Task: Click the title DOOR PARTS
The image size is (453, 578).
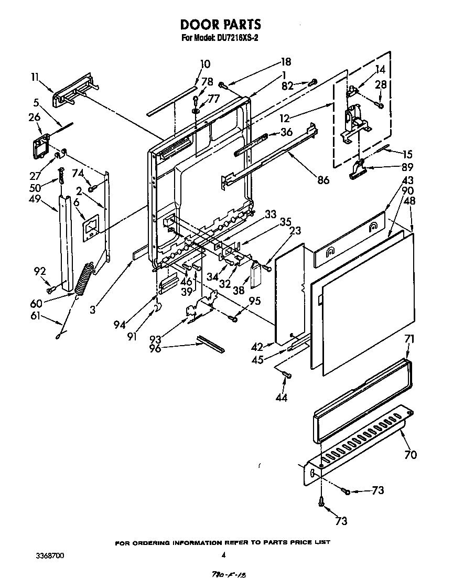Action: tap(220, 25)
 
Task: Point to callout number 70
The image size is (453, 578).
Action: tap(411, 454)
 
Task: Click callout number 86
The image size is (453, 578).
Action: tap(323, 180)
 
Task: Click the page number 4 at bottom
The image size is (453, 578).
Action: tap(224, 555)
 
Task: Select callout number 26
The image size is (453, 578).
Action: tap(35, 117)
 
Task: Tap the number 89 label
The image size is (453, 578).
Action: tap(407, 168)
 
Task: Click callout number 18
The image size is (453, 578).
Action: tap(286, 62)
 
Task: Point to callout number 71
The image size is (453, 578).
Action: tap(409, 339)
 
